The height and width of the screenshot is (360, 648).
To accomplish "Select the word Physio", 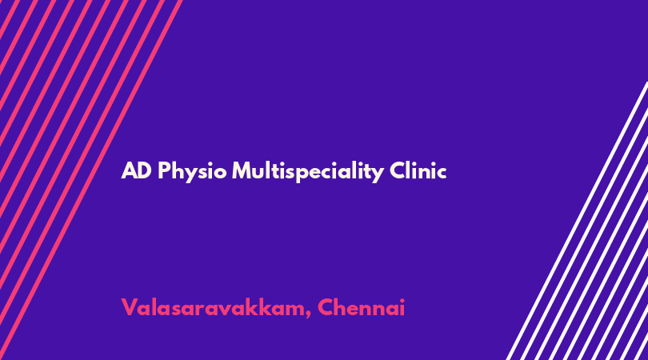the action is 192,172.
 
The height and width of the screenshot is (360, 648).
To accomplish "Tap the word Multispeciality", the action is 308,171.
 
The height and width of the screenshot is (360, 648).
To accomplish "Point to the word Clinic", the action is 418,170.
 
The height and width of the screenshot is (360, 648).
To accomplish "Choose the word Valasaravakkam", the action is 213,307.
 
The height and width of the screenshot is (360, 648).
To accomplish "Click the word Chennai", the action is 361,307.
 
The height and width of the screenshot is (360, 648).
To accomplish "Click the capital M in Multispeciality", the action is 242,170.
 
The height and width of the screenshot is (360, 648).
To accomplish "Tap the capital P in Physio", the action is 164,170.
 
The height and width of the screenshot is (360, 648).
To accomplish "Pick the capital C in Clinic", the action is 397,170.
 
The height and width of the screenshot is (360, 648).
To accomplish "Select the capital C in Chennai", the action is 326,308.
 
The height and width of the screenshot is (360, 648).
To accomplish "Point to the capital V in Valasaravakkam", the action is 130,308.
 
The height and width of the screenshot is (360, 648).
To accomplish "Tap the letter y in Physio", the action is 191,174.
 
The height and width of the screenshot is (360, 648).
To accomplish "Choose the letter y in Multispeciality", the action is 378,174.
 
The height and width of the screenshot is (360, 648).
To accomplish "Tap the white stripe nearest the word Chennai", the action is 577,221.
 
